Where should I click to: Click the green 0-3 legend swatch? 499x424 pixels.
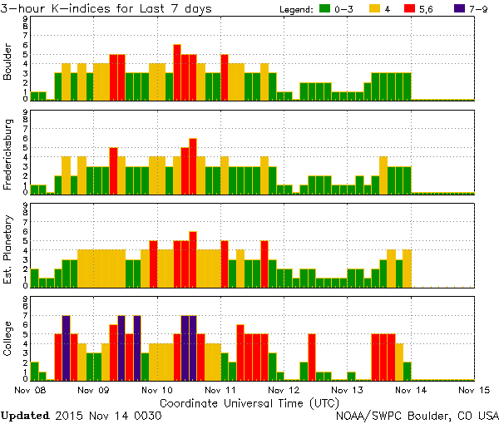(x=327, y=9)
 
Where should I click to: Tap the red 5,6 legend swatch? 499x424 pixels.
(x=419, y=9)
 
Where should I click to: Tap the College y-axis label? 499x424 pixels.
(x=8, y=338)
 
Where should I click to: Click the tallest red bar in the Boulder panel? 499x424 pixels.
(x=177, y=72)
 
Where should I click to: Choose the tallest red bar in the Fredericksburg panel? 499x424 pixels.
(x=193, y=165)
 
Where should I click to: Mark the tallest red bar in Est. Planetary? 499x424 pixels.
(x=193, y=259)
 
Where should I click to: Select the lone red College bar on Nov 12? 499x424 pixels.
(x=312, y=357)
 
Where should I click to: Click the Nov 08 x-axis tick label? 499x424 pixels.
(x=30, y=388)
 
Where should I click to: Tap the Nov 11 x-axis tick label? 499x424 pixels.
(x=220, y=388)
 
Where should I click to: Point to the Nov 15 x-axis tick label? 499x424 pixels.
(x=473, y=388)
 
